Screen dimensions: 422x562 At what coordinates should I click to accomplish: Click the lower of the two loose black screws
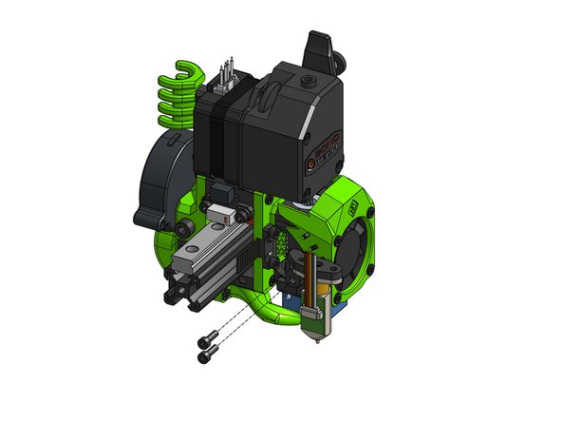[205, 357]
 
